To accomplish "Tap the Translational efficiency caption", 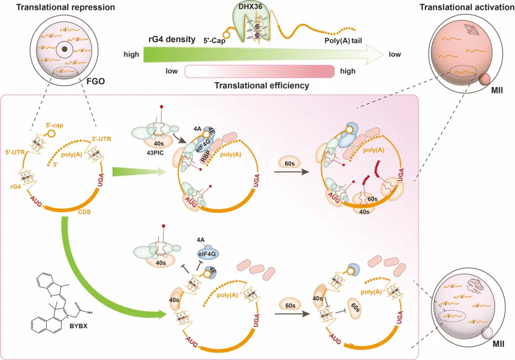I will (261, 86).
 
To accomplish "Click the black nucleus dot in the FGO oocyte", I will (62, 49).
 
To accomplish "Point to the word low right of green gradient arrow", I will (395, 54).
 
